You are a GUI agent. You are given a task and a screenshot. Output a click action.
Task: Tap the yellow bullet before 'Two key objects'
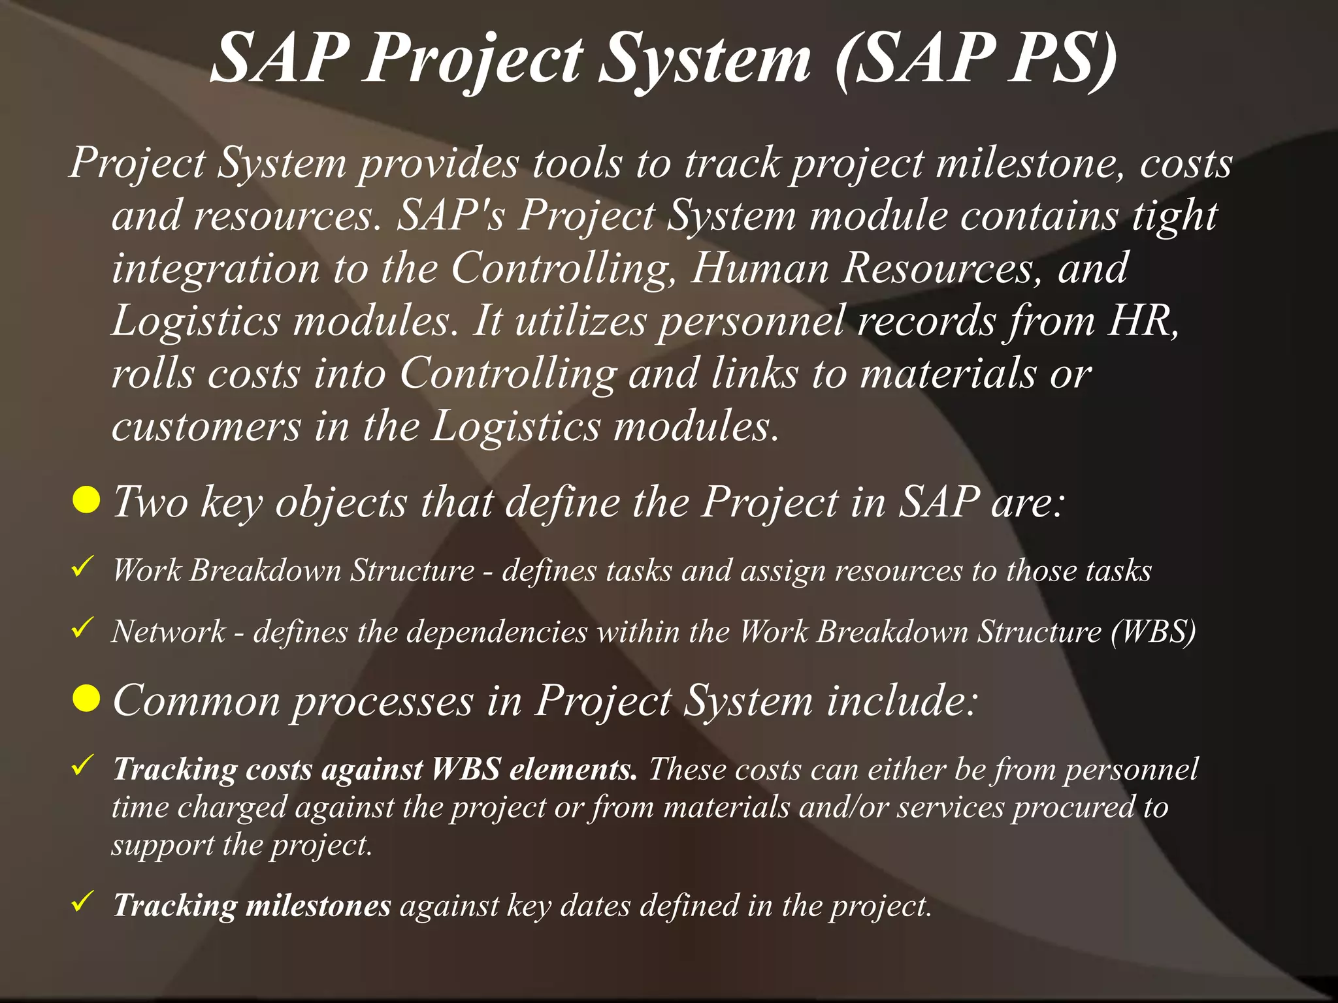coord(86,500)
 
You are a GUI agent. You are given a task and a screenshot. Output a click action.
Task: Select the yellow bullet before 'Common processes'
coord(86,699)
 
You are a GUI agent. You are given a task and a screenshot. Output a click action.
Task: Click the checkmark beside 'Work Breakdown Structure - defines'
coord(82,566)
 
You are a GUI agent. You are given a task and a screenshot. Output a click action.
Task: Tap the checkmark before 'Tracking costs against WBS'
coord(82,765)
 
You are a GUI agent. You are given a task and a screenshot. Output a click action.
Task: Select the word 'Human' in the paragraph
coord(760,268)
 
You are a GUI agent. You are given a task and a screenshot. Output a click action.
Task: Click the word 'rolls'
coord(153,374)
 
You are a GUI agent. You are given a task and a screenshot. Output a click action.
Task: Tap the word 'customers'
coord(206,426)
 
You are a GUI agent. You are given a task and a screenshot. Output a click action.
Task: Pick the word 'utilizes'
coord(580,321)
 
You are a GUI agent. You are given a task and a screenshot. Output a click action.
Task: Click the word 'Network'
coord(169,631)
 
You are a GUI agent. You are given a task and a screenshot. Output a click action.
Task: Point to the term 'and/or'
coord(843,807)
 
